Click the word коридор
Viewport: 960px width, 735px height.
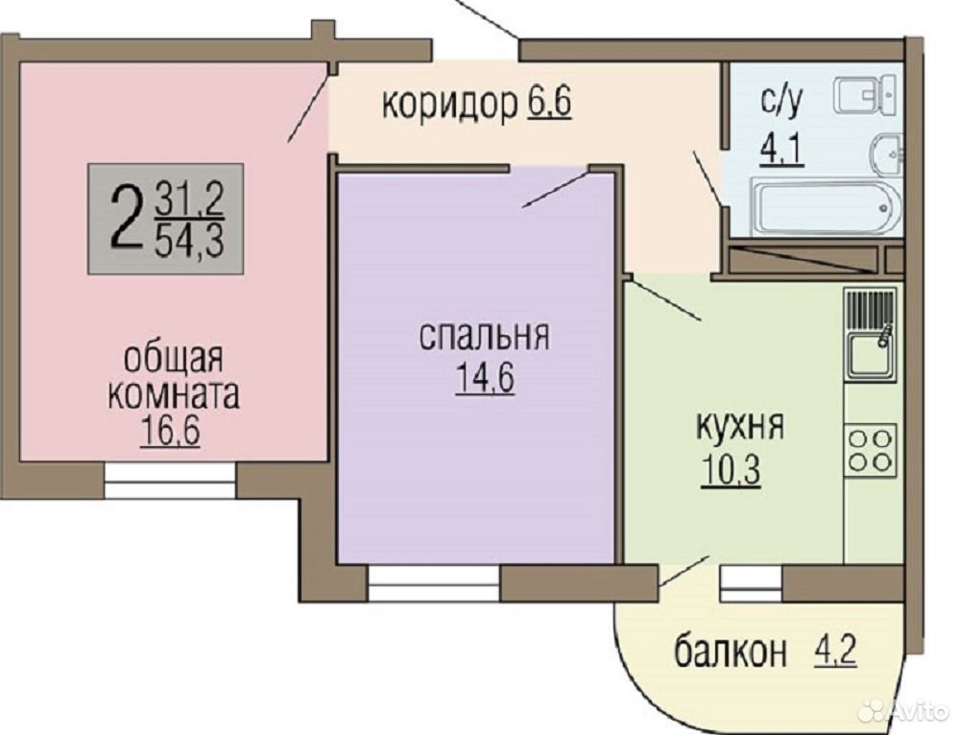coord(449,105)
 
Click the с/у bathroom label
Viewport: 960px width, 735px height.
coord(781,104)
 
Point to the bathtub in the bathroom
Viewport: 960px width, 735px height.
coord(826,206)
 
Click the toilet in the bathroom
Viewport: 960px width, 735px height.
coord(868,96)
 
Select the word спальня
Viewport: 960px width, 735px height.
coord(484,337)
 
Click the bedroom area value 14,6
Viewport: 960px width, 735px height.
coord(484,379)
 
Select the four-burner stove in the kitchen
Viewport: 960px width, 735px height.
coord(872,450)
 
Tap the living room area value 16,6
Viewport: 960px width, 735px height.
coord(170,432)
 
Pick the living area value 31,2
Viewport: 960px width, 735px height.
coord(190,200)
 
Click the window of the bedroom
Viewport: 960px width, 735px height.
coord(434,583)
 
